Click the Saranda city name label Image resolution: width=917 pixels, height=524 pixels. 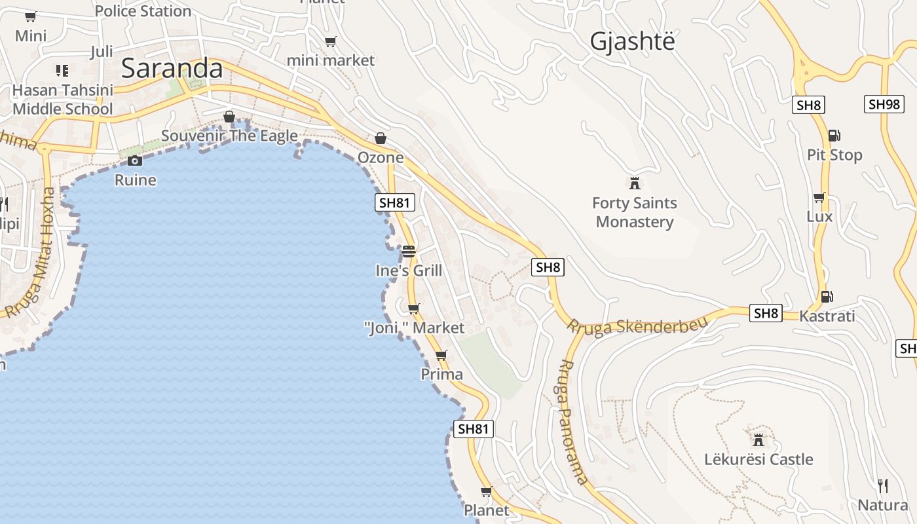(172, 68)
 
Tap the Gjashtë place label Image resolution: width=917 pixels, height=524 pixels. (632, 41)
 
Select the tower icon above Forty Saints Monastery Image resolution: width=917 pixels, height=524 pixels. (634, 183)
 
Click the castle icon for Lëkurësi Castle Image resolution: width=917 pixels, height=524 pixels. (758, 439)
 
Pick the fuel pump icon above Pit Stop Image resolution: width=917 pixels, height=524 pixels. (834, 136)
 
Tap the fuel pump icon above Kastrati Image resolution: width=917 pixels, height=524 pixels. (827, 296)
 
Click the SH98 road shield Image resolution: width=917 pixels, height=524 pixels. (884, 104)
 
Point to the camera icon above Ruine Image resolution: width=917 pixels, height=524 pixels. (135, 160)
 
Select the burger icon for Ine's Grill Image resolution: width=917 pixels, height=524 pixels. (409, 251)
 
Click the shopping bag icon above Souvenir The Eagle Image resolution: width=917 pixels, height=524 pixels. (229, 117)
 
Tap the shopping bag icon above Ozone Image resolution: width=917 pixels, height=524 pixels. (381, 138)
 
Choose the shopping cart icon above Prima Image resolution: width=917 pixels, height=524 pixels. (441, 355)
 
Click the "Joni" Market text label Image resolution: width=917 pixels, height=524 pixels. (414, 327)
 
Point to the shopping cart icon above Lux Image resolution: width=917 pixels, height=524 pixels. (819, 197)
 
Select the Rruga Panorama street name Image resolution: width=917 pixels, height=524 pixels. (574, 422)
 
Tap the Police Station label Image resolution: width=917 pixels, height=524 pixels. (143, 10)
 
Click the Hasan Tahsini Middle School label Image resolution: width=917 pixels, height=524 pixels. (63, 100)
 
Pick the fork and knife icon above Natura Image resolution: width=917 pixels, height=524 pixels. (883, 485)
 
